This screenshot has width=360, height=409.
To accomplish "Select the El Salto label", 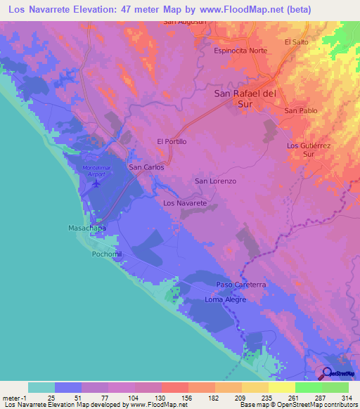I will (297, 42).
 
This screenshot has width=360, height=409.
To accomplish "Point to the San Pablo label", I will (301, 111).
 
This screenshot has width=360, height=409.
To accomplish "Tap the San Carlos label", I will (146, 168).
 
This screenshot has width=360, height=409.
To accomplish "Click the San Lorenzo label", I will (215, 181).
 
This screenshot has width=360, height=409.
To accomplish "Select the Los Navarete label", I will (185, 202).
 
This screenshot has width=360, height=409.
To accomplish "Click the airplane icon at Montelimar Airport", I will (96, 184).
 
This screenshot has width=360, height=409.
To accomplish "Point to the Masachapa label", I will (87, 228).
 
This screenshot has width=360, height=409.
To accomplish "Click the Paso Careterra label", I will (240, 285).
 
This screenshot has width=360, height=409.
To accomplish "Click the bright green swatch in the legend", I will (308, 387).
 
